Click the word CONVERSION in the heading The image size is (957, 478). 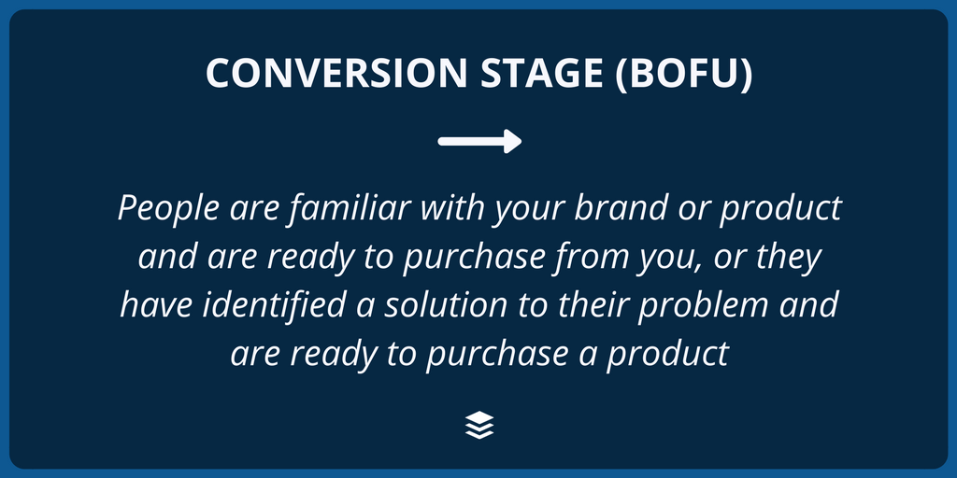pos(336,73)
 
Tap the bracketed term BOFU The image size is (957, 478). pos(683,74)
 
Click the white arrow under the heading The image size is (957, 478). pos(479,142)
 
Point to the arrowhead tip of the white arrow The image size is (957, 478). pos(521,142)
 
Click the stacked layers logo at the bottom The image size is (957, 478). pos(479,425)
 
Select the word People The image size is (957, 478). pos(168,209)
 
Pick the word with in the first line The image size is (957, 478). pos(452,207)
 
